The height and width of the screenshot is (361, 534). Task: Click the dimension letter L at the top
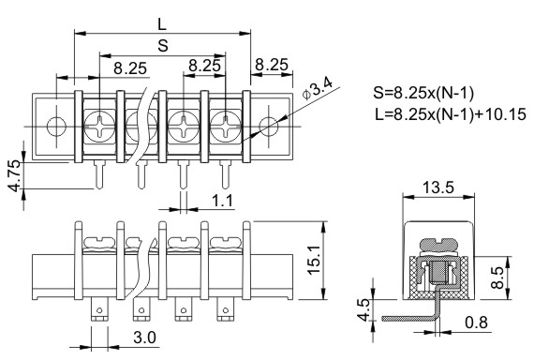tap(162, 24)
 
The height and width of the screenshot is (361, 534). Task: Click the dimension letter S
tap(163, 45)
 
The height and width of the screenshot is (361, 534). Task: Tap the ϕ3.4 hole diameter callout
tap(317, 88)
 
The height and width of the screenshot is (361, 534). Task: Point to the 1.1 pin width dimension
tap(222, 201)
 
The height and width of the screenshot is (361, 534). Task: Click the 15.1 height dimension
tap(314, 260)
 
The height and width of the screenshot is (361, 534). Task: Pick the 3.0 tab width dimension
tap(144, 338)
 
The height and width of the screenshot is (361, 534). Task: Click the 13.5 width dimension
tap(438, 188)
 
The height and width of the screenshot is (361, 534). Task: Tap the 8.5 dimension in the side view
tap(498, 278)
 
